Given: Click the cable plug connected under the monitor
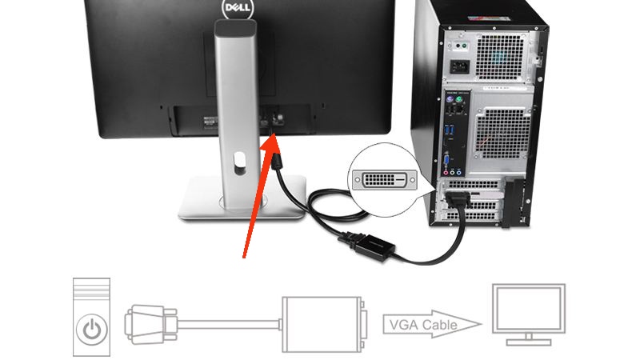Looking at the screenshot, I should (x=277, y=165).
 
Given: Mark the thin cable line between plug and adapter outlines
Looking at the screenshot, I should (x=228, y=324).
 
